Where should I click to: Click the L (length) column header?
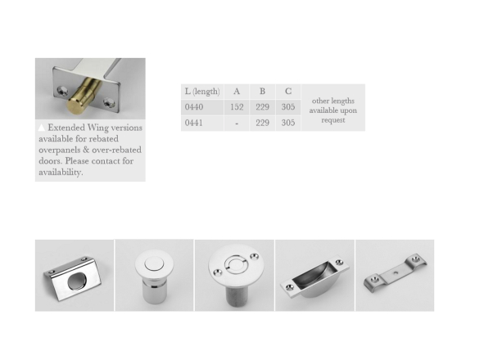pyautogui.click(x=202, y=92)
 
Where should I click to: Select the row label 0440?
pyautogui.click(x=194, y=107)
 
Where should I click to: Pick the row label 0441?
pyautogui.click(x=194, y=123)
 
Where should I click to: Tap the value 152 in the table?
pyautogui.click(x=237, y=107)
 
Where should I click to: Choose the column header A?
pyautogui.click(x=237, y=92)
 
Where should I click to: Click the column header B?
pyautogui.click(x=262, y=92)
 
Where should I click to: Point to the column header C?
pyautogui.click(x=288, y=92)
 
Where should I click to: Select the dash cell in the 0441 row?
pyautogui.click(x=237, y=124)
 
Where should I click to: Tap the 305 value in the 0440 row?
pyautogui.click(x=288, y=107)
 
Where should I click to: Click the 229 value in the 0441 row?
pyautogui.click(x=262, y=123)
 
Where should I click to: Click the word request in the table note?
pyautogui.click(x=333, y=120)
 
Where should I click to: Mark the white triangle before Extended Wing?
pyautogui.click(x=42, y=128)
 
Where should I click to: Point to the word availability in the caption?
pyautogui.click(x=61, y=172)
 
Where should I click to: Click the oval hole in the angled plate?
pyautogui.click(x=77, y=281)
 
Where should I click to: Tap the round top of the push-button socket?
pyautogui.click(x=154, y=264)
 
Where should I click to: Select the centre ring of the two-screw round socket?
pyautogui.click(x=236, y=265)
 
